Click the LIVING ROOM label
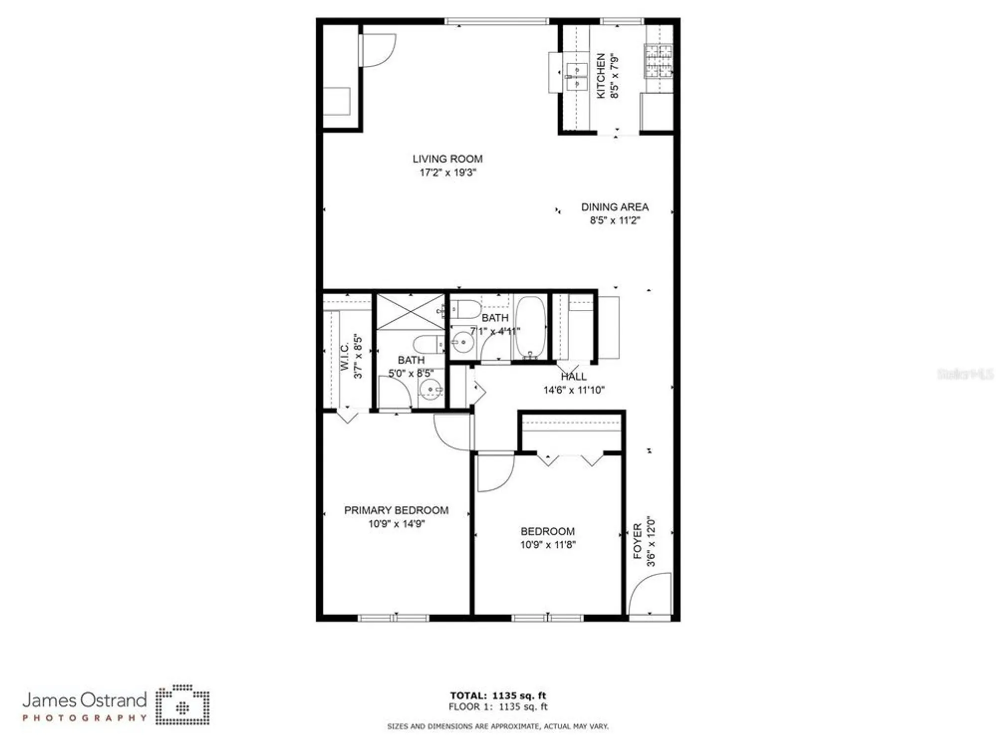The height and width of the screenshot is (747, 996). coord(447,159)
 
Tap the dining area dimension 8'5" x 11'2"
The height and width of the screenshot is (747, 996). coord(615,220)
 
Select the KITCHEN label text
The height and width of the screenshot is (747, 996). coord(601,76)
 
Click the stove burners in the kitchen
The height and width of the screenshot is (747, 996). coord(658,61)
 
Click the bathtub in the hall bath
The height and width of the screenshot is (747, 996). coord(530,327)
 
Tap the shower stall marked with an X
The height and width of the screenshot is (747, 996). coord(410,312)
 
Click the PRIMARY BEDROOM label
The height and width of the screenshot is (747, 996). coord(396,510)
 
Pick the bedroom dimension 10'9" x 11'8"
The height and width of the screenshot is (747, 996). coord(548,545)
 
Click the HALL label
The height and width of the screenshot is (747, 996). coord(574,377)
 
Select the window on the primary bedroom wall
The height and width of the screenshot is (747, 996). coord(393,618)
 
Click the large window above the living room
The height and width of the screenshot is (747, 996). coord(496,21)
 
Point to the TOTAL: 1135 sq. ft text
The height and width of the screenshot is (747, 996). coord(498,696)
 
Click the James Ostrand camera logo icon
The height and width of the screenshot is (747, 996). coord(182,705)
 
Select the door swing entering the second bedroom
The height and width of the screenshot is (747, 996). coord(494,472)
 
